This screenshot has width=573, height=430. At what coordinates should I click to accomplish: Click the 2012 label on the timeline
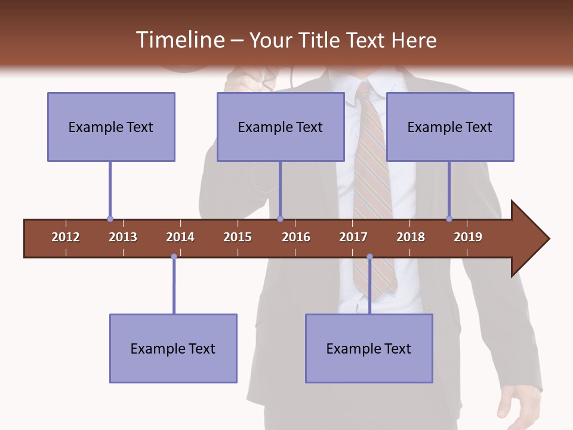pos(66,237)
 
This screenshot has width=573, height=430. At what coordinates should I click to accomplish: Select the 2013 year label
pos(123,237)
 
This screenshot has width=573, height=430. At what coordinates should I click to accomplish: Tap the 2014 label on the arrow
pos(180,237)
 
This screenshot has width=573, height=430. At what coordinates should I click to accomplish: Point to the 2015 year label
pos(238,237)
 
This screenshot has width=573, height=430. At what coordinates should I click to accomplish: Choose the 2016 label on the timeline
pos(296,237)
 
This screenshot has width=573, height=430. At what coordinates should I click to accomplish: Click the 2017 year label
pos(353,237)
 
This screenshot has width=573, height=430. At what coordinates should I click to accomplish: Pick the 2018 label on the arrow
pos(411,237)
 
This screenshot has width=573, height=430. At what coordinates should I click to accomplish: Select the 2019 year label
pos(468,237)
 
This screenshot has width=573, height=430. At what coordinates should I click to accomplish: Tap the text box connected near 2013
pos(111,127)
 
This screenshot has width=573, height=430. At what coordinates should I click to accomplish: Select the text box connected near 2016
pos(281,127)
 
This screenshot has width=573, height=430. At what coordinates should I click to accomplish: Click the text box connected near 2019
pos(450,127)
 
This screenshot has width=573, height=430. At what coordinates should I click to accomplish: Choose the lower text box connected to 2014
pos(173,348)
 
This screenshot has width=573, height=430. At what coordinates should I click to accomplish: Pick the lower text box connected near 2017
pos(369,348)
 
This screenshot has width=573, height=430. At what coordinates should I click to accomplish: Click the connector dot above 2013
pos(110,219)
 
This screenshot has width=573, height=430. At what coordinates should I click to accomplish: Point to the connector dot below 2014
pos(174,257)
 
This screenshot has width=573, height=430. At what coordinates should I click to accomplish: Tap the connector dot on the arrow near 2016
pos(281,219)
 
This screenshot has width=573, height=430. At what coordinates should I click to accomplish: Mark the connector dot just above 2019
pos(449,219)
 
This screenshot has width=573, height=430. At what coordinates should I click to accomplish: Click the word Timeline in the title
pos(179,40)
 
